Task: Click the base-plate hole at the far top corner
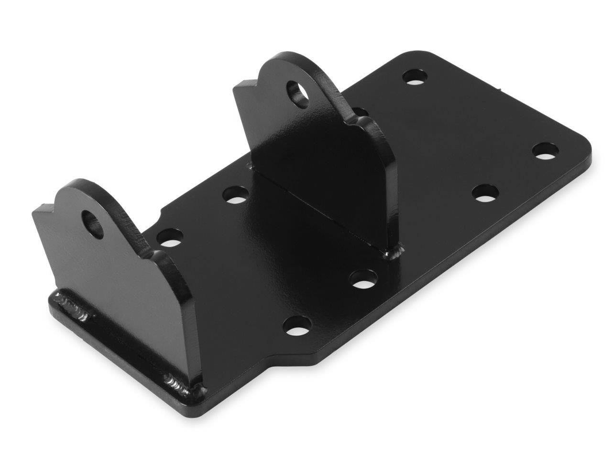(x=415, y=76)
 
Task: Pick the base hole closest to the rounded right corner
(x=546, y=151)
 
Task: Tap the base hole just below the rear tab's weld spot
(x=363, y=279)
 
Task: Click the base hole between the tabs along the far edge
(x=236, y=195)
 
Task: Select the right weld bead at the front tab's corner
(x=182, y=385)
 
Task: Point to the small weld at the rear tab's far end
(x=249, y=166)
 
